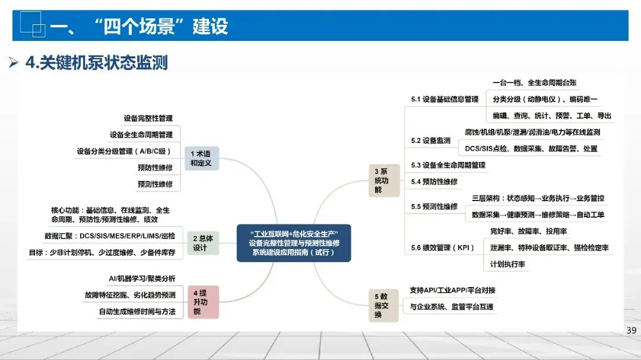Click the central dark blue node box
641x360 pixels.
[294, 243]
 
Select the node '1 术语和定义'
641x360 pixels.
[202, 158]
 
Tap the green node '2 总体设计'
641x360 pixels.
[203, 243]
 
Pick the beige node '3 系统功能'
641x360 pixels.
[384, 181]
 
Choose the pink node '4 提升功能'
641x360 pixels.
[203, 302]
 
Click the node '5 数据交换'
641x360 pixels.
[383, 305]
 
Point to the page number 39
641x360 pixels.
[631, 330]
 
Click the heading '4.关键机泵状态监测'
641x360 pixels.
[97, 62]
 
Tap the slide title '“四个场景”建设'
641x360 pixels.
[161, 27]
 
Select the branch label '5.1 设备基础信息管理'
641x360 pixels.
[445, 99]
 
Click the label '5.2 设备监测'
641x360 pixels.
[430, 141]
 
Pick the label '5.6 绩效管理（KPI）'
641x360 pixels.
[442, 248]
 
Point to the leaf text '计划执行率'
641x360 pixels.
[507, 264]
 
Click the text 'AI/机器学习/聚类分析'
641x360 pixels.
[142, 279]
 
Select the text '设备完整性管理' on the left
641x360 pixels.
[148, 118]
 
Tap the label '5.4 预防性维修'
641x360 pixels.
[434, 182]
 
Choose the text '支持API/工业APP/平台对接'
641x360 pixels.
[452, 290]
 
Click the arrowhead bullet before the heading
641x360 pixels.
[14, 62]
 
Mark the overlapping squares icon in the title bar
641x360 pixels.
[32, 24]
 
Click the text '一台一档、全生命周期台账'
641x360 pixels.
[534, 82]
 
